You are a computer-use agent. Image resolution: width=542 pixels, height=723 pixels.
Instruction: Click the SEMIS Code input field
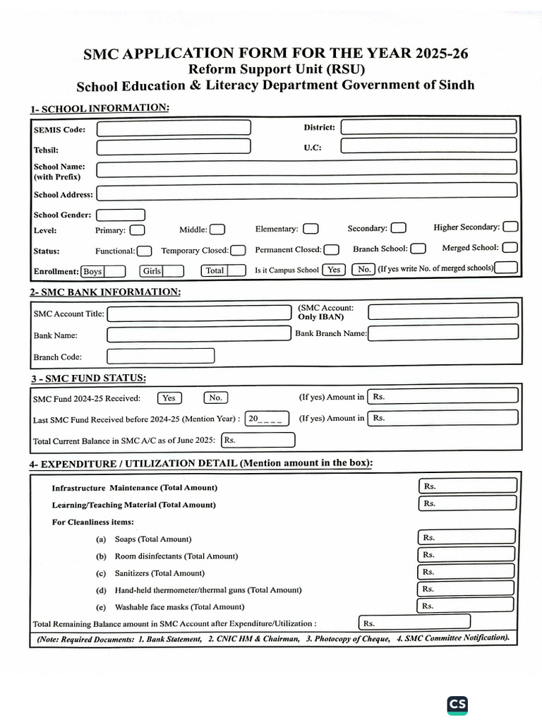click(x=174, y=128)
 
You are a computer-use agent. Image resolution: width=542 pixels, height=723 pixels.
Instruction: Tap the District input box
click(x=428, y=127)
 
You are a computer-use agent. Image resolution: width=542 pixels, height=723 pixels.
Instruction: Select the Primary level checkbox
click(x=138, y=229)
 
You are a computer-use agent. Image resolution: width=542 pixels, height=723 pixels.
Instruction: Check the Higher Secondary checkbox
click(x=510, y=227)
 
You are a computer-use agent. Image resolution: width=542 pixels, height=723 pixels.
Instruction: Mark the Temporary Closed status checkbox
click(x=239, y=250)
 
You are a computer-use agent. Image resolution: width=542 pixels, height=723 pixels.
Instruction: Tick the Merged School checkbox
click(x=510, y=247)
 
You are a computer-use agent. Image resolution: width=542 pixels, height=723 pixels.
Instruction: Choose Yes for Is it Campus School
click(x=334, y=269)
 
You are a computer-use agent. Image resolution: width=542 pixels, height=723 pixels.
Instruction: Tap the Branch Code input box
click(x=161, y=356)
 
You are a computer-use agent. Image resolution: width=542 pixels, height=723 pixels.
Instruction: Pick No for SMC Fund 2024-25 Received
click(x=217, y=398)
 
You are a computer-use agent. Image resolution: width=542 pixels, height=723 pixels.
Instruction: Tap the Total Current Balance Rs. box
click(x=258, y=440)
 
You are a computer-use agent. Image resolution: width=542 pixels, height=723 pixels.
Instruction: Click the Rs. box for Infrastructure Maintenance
click(x=468, y=486)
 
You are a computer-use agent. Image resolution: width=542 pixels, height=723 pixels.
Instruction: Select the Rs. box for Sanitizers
click(x=468, y=572)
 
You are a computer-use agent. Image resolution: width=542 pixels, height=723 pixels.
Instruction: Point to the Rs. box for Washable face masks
click(x=468, y=606)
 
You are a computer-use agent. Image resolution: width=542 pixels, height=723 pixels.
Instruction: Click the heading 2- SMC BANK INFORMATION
click(x=105, y=292)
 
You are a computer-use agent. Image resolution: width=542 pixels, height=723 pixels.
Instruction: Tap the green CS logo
click(x=457, y=704)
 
